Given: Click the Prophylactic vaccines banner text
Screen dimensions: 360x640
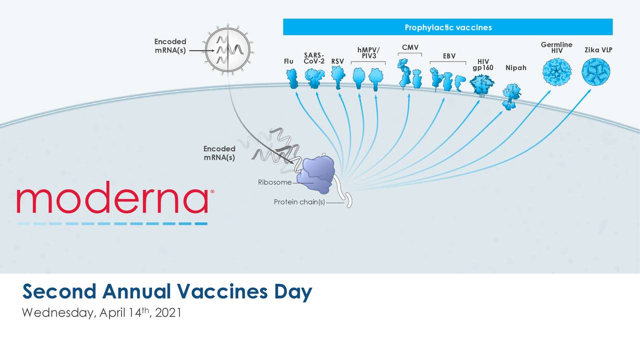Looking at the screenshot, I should click(x=448, y=27).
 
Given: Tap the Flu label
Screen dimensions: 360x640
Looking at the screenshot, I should click(x=288, y=61).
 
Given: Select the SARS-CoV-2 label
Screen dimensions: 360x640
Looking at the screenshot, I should click(x=314, y=58).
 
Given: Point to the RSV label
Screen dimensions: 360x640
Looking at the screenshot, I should click(x=337, y=61).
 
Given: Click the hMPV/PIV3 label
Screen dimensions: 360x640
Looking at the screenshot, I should click(x=368, y=52).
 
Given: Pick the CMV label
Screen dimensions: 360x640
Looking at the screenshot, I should click(x=410, y=47).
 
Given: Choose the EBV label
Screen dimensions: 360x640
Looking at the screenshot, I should click(x=449, y=56).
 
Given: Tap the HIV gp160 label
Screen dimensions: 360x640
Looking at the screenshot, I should click(x=482, y=64).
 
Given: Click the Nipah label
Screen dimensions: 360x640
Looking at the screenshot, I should click(x=515, y=67).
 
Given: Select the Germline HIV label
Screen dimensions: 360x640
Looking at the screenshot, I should click(x=556, y=48).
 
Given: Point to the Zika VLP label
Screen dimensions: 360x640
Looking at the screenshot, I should click(x=598, y=50).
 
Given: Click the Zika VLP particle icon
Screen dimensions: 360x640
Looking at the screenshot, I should click(x=596, y=72).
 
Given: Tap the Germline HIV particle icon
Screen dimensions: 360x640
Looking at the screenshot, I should click(x=556, y=72).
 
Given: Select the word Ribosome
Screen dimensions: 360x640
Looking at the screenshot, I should click(x=274, y=182).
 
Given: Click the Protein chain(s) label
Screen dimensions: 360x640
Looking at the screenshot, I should click(x=299, y=202).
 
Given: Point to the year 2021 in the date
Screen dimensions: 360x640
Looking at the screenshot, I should click(x=168, y=313).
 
